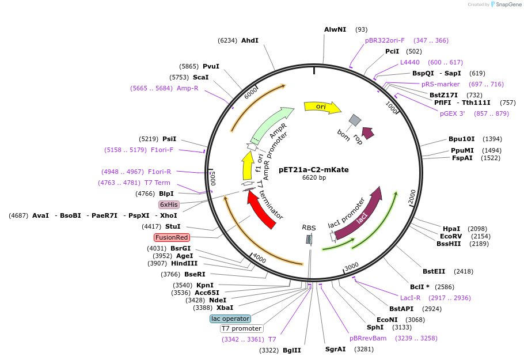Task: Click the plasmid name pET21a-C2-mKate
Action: [x=313, y=169]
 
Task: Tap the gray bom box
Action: [x=355, y=120]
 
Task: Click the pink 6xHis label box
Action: [x=169, y=204]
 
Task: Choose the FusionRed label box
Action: [x=172, y=237]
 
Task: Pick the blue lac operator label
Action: [x=230, y=319]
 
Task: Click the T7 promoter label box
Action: [x=241, y=328]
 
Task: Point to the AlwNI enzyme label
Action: [x=335, y=29]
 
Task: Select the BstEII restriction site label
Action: [x=434, y=271]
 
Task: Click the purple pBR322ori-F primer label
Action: [x=385, y=40]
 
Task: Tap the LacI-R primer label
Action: [x=410, y=298]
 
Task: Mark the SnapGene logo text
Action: [x=508, y=5]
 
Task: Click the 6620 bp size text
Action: [x=314, y=178]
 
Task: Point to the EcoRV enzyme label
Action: [x=451, y=236]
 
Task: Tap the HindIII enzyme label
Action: [x=184, y=263]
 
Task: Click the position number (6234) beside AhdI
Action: [x=227, y=40]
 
